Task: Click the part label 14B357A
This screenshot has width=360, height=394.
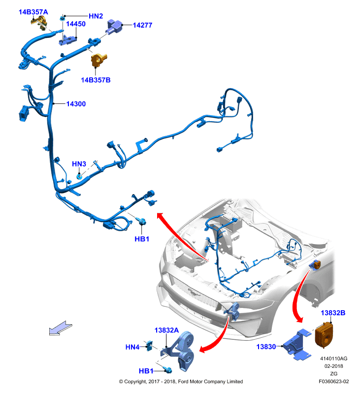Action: tap(33, 12)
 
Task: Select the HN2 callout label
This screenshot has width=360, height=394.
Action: tap(96, 16)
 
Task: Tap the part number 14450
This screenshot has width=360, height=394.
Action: tap(76, 24)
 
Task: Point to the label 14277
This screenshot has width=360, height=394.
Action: tap(142, 25)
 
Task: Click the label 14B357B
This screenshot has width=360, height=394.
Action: tap(96, 80)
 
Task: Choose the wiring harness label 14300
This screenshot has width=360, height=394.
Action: tap(76, 104)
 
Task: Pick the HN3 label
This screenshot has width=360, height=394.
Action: tap(79, 164)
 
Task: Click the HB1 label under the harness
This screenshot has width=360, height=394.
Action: tap(142, 239)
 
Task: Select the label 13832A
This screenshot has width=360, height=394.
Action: tap(166, 330)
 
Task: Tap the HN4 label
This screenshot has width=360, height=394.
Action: tap(132, 347)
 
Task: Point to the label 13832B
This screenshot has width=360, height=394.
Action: tap(333, 313)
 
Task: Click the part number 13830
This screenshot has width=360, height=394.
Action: tap(266, 347)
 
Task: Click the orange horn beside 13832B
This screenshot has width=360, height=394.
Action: tap(324, 335)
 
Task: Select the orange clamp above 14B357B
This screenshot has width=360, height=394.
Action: tap(98, 60)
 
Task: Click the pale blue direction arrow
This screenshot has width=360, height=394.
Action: tap(60, 328)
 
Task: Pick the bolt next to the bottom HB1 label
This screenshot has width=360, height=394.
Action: tap(168, 370)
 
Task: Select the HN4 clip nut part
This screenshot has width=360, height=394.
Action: tap(150, 345)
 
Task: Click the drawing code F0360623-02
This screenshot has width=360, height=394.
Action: tap(333, 381)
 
